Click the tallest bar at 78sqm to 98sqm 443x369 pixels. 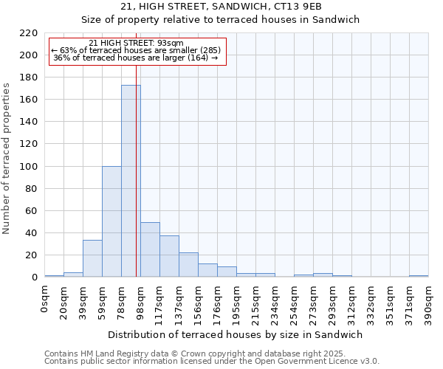click(131, 181)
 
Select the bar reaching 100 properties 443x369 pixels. click(111, 221)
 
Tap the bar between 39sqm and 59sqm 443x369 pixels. click(92, 258)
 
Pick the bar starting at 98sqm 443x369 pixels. click(150, 249)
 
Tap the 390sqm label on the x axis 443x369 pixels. click(429, 303)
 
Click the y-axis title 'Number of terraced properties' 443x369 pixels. click(7, 158)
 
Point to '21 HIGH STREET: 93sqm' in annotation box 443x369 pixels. click(136, 44)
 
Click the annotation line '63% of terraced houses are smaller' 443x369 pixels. click(136, 50)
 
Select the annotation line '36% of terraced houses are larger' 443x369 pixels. click(136, 58)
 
